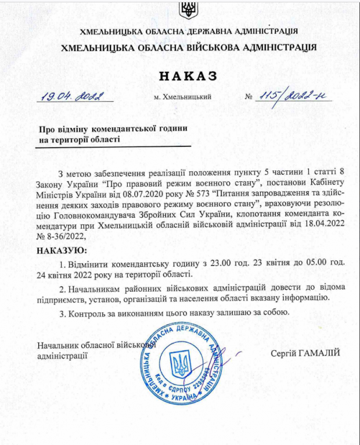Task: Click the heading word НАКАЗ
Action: [188, 75]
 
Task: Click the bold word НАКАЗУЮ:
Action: [61, 250]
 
